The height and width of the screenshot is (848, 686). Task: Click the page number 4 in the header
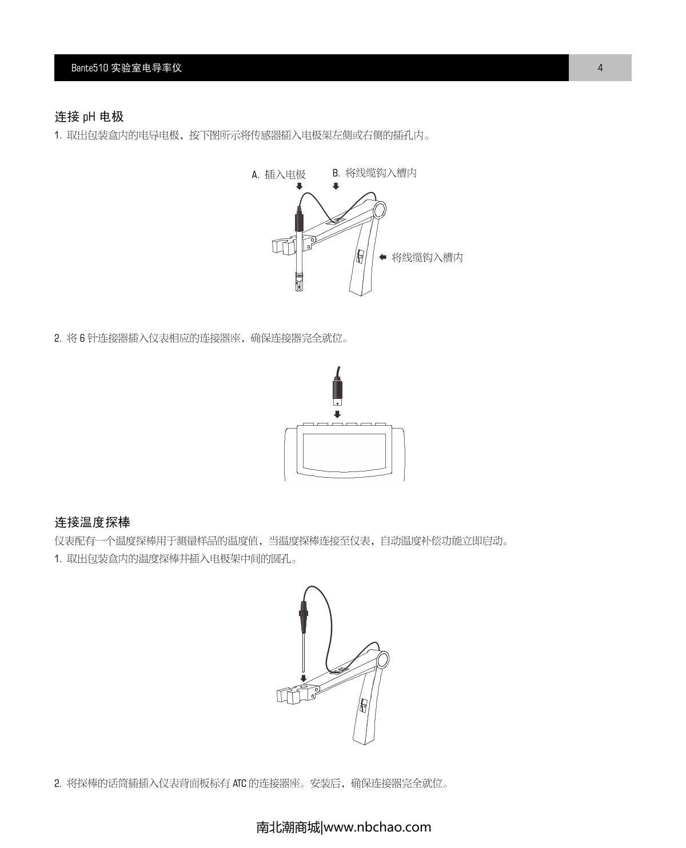click(x=600, y=68)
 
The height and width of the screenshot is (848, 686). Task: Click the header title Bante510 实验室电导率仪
click(x=126, y=68)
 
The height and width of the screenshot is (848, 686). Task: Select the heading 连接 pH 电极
click(x=89, y=117)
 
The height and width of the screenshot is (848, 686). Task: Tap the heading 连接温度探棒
click(x=93, y=522)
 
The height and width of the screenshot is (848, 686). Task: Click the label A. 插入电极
click(x=279, y=175)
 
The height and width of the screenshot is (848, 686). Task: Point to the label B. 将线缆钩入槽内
click(x=374, y=173)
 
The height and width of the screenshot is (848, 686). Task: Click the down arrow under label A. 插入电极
click(x=299, y=186)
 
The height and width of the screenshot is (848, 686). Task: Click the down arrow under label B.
click(x=336, y=186)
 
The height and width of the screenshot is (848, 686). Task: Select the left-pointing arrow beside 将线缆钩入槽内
click(x=383, y=257)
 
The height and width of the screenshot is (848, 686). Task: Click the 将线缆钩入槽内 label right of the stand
click(x=427, y=258)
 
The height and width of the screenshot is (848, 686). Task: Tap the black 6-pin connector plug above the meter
click(x=337, y=391)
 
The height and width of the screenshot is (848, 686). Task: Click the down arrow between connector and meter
click(x=337, y=414)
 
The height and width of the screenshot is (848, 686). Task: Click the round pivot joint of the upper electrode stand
click(x=379, y=210)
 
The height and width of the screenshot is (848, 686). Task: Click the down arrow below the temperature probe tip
click(x=303, y=678)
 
